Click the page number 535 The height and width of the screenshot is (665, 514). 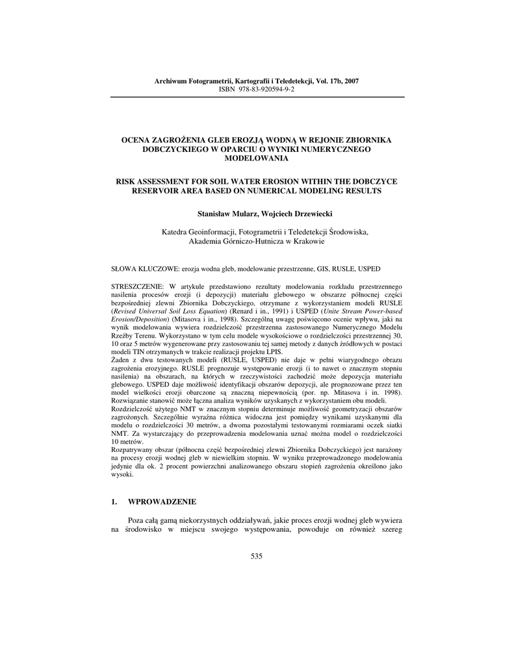(x=256, y=556)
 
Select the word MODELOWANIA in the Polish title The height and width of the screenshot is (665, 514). (x=256, y=158)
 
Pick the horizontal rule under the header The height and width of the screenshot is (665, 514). (x=256, y=97)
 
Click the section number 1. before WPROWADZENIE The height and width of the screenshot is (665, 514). (x=114, y=502)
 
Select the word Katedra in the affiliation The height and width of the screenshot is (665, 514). (x=175, y=231)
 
